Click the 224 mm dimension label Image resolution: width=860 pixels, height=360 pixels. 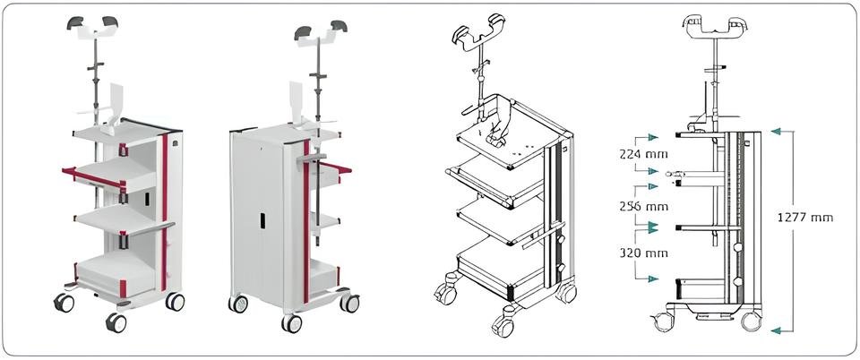pos(643,155)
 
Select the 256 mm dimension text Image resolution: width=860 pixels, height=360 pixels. pos(643,207)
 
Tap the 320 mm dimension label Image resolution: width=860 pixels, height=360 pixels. pos(643,253)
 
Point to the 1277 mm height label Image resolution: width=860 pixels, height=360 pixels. pos(805,218)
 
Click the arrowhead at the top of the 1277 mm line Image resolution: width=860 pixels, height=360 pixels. pos(778,131)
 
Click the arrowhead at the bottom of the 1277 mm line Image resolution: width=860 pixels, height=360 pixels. pos(778,330)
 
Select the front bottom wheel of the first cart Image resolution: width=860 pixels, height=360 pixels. pos(116,322)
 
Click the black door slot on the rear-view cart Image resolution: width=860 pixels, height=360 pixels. pos(262,220)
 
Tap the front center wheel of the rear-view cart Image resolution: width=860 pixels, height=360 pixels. pos(291,323)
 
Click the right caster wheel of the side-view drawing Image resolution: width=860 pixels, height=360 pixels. pos(751,321)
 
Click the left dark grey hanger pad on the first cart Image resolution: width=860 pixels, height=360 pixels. pos(74,22)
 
